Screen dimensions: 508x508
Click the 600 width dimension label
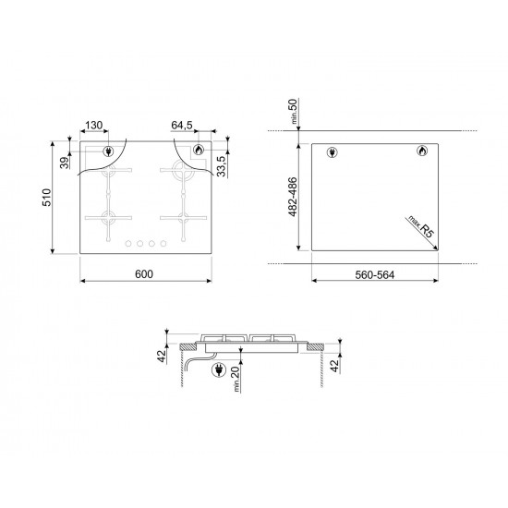[144, 274]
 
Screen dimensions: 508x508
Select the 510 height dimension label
[47, 198]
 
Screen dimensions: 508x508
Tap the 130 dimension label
[93, 125]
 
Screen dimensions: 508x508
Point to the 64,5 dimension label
[182, 125]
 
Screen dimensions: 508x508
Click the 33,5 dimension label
[221, 166]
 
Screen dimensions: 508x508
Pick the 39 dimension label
[65, 163]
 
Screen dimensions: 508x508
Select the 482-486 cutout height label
[292, 197]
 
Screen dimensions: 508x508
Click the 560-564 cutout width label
[375, 275]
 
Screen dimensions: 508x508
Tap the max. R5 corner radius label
[420, 227]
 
